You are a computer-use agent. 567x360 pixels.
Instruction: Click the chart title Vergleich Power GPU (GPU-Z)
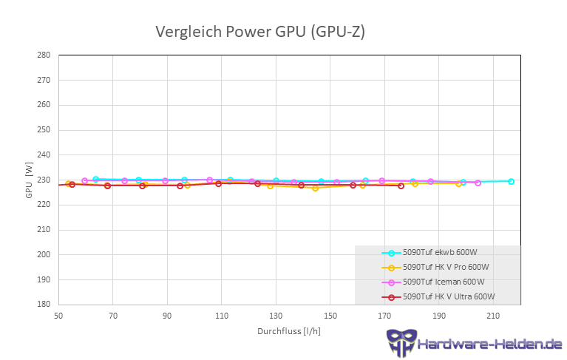259,32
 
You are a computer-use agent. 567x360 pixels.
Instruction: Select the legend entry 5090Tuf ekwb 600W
440,253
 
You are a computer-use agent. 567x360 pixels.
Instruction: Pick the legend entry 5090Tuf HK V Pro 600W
446,267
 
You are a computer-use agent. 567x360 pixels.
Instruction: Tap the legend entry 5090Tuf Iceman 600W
444,282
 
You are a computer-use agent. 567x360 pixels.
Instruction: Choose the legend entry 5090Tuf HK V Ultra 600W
449,296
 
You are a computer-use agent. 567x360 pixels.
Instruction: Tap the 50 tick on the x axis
58,316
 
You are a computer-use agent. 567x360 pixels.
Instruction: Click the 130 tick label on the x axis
276,316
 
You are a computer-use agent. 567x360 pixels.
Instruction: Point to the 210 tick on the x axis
494,316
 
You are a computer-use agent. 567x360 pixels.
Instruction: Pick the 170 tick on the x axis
385,316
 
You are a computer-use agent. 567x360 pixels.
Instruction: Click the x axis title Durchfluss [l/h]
289,332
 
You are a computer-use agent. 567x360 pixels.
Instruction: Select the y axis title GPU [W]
29,180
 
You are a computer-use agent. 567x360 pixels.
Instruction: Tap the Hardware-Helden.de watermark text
489,344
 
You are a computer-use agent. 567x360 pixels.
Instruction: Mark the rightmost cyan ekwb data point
511,181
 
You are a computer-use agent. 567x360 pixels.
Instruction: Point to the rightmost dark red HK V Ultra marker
401,186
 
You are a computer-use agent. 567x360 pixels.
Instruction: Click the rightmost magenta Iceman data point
478,183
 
